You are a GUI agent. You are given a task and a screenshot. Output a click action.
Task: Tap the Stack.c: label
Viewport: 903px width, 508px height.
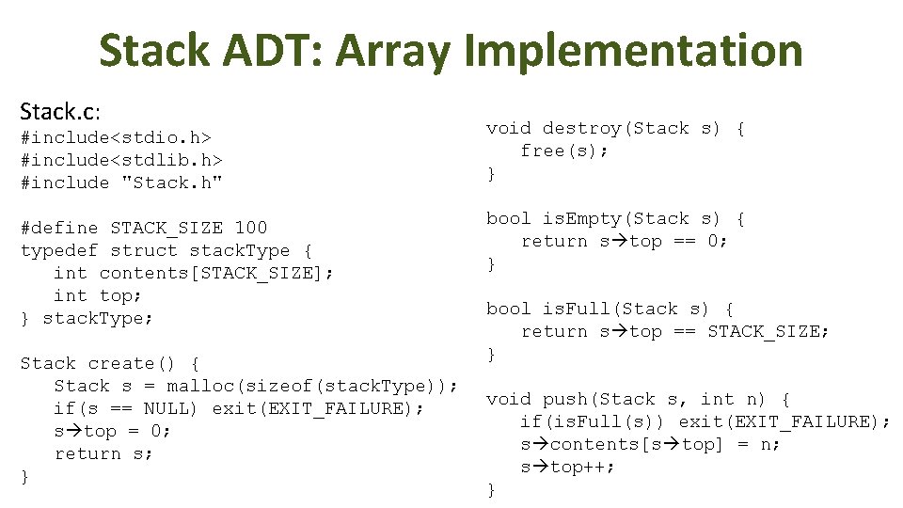tap(59, 112)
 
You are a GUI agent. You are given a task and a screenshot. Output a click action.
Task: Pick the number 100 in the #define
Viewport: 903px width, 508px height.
tap(251, 228)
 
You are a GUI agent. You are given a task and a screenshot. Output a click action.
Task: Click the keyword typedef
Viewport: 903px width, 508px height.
tap(59, 250)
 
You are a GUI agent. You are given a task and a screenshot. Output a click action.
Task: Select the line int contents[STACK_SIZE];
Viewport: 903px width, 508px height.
tap(194, 273)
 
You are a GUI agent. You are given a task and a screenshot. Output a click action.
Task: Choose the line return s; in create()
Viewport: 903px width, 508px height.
tap(103, 453)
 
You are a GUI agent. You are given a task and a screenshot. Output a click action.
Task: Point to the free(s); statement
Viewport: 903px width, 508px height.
tap(565, 151)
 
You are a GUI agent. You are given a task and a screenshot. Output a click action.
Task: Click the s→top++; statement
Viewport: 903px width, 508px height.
tap(568, 467)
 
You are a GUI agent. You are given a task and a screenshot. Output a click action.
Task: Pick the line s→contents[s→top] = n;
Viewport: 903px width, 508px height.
tap(650, 444)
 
